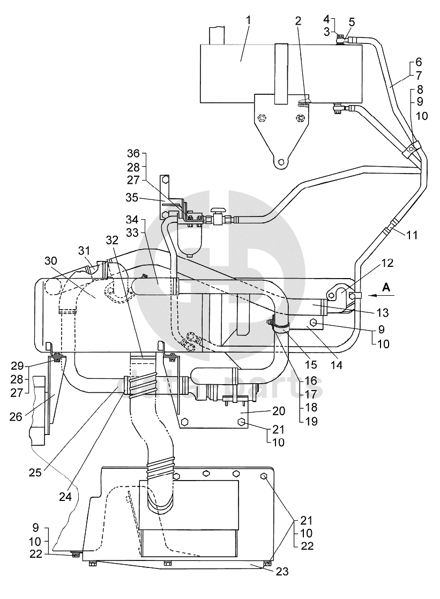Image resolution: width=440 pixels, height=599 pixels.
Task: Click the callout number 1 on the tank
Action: [249, 20]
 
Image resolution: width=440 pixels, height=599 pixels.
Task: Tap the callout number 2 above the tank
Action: [298, 21]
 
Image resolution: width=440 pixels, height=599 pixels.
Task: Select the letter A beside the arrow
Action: [386, 287]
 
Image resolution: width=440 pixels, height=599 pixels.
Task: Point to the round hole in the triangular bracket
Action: [281, 162]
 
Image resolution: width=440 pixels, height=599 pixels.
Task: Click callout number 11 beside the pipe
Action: [412, 235]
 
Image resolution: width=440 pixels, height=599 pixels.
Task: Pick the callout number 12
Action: [387, 263]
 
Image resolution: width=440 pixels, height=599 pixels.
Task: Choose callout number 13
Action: [383, 313]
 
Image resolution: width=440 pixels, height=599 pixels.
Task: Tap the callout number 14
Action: [337, 365]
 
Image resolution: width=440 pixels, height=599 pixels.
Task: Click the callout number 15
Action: [311, 364]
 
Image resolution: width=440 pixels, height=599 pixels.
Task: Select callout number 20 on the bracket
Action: [279, 411]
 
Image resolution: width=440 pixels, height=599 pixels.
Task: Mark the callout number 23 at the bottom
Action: [282, 572]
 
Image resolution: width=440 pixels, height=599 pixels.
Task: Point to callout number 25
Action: [35, 472]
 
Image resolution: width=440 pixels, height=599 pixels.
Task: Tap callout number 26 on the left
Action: [16, 416]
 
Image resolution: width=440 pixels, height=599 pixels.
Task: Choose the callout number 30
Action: [51, 260]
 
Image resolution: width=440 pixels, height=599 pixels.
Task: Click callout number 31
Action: [84, 251]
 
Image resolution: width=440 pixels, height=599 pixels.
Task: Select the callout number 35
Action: [133, 198]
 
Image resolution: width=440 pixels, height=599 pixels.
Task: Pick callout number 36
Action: [134, 153]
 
